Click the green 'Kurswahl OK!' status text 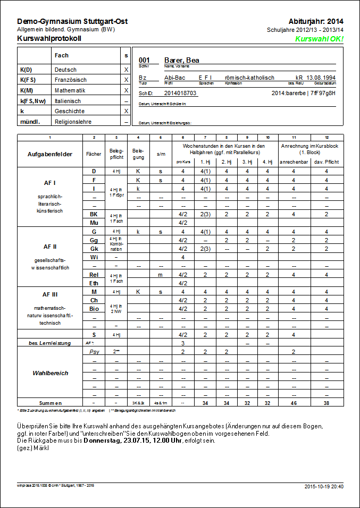point(319,39)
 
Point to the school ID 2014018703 point(180,93)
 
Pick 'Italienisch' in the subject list point(68,101)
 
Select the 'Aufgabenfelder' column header point(50,154)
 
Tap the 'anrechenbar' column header point(294,162)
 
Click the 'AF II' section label point(50,247)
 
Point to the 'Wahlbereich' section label point(50,373)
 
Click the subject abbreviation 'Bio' point(94,308)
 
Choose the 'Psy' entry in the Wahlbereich point(94,352)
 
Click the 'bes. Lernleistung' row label point(50,343)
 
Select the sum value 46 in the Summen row point(294,403)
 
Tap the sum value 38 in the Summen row point(326,403)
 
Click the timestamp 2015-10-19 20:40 point(323,486)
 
